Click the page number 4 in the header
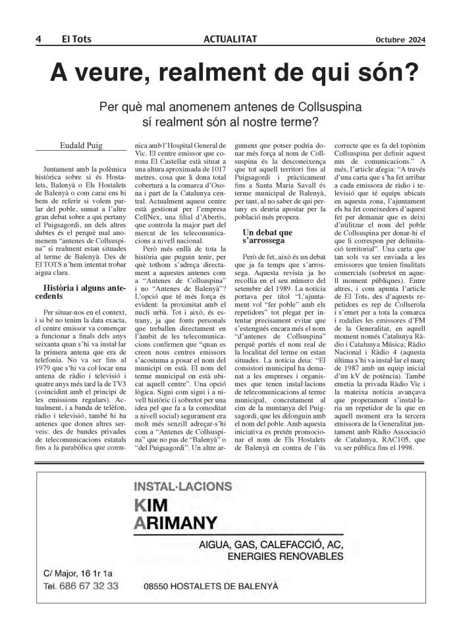(39, 39)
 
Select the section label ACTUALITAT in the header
(230, 39)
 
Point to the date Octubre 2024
(400, 39)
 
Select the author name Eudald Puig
(76, 145)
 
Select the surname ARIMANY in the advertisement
(176, 523)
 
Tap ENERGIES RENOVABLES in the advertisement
(284, 556)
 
